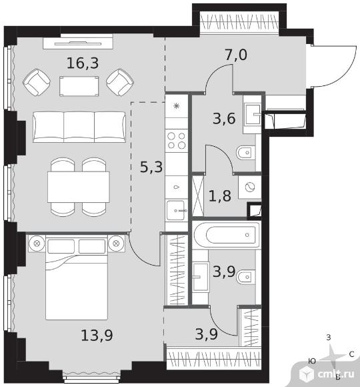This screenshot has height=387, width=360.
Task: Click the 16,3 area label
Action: point(83,63)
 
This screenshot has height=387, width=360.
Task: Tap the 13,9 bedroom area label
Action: point(97,335)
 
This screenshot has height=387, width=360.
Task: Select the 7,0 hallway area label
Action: point(236,55)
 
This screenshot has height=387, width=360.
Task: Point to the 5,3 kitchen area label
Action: point(151,167)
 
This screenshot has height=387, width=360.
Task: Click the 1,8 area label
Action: point(220,196)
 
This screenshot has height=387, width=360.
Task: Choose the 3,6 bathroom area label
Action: point(224,119)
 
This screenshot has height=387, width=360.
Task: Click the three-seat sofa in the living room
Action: point(79,127)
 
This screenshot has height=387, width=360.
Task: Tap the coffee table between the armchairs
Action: point(79,86)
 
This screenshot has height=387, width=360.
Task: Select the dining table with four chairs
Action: point(79,187)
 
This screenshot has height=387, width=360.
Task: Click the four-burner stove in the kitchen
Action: point(176,141)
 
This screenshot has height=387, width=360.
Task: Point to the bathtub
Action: point(227,235)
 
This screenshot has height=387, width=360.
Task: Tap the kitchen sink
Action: point(176,211)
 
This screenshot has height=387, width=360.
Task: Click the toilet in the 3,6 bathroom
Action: point(245,153)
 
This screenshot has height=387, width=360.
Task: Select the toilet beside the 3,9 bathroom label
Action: point(245,278)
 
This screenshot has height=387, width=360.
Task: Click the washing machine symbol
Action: point(249,187)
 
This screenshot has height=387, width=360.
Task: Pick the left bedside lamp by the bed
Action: point(37,244)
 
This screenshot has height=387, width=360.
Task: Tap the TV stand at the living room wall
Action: point(78,42)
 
